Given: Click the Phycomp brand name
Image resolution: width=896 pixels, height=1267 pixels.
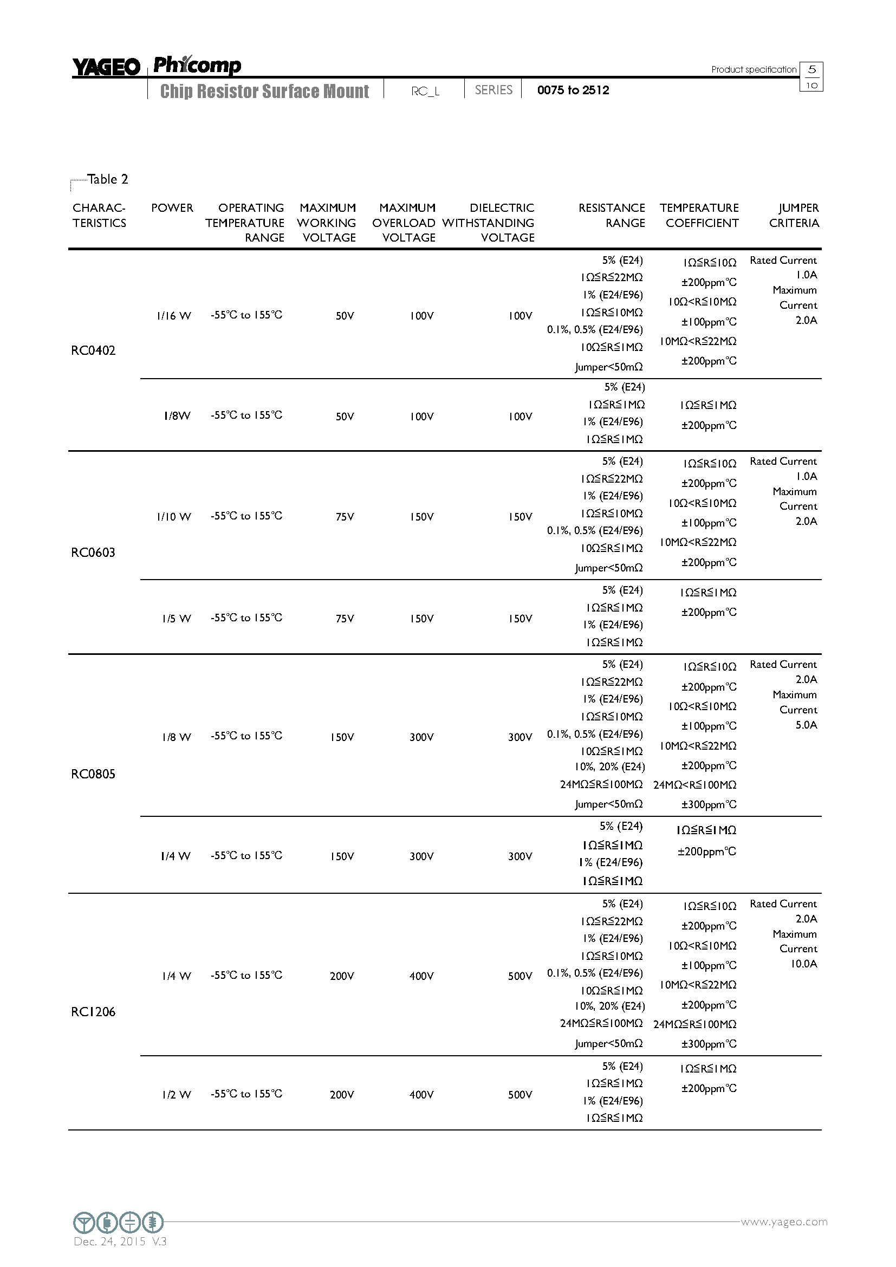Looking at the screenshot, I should [x=197, y=65].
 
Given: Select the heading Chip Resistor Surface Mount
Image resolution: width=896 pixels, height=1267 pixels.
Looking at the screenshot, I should [x=264, y=91].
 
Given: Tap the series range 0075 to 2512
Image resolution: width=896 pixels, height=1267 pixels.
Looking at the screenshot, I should [x=573, y=90].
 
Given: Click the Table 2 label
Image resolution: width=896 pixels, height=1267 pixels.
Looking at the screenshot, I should [x=108, y=179].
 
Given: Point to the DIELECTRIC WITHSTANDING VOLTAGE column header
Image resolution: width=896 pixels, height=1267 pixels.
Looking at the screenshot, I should [x=488, y=223].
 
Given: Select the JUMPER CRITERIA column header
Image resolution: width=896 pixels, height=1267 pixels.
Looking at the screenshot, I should [x=794, y=215].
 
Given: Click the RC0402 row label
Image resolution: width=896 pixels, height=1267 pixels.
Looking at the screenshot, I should [x=93, y=351].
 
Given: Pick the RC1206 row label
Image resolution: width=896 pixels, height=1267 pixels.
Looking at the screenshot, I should [x=93, y=1011].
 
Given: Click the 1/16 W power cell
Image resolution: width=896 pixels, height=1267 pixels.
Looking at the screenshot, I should [x=174, y=316].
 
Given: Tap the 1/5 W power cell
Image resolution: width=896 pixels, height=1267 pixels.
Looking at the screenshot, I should [x=177, y=619].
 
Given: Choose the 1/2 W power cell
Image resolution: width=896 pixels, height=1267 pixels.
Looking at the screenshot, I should [x=177, y=1095].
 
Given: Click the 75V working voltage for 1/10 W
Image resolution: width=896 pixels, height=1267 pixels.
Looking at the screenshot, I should [x=345, y=517].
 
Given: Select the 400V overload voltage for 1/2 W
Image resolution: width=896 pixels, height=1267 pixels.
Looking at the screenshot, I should [x=421, y=1095].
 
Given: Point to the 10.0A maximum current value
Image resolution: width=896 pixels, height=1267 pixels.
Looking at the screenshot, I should [x=804, y=964].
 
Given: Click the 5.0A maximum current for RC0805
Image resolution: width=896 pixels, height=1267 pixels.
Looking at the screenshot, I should [x=806, y=725].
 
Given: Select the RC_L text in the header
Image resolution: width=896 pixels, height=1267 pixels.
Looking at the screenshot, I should [x=425, y=91].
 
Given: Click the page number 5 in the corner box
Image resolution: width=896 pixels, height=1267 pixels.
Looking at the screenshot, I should [x=811, y=69].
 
